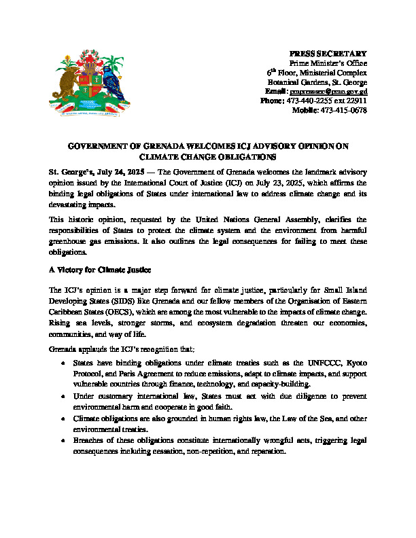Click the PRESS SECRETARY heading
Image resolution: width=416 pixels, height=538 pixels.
[x=328, y=54]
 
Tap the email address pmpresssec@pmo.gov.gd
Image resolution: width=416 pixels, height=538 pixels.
[x=329, y=91]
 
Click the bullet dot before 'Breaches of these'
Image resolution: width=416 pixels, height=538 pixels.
[x=64, y=441]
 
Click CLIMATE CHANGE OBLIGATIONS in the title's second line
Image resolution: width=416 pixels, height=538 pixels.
[x=207, y=156]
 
